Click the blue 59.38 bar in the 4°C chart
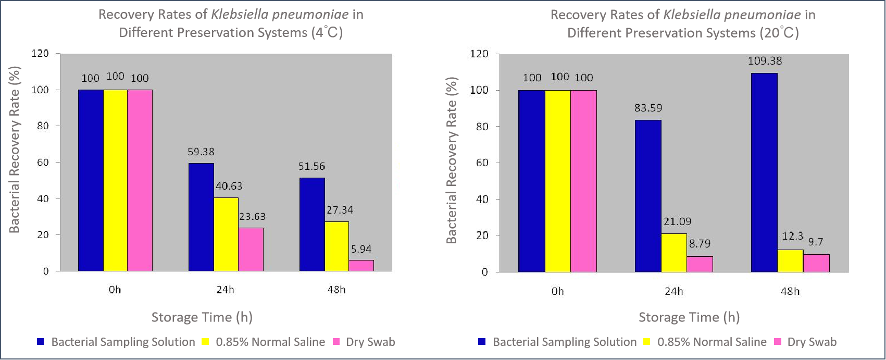point(201,217)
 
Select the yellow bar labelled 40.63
point(226,234)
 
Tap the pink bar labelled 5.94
point(361,266)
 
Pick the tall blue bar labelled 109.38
point(764,172)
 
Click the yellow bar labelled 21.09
point(673,253)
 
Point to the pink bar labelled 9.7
point(816,263)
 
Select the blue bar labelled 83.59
point(648,196)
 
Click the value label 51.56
point(311,167)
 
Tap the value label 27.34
point(340,210)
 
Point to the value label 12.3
point(792,237)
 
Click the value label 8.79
point(700,244)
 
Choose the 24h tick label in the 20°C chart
point(673,291)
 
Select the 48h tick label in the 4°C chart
point(336,290)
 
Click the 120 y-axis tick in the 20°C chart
point(479,54)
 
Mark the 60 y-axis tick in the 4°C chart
point(42,162)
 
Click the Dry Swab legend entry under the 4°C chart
point(370,342)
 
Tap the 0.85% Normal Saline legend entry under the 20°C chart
point(712,342)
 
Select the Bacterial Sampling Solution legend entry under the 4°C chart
point(123,342)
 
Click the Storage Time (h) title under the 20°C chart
point(689,317)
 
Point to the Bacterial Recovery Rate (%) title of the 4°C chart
point(14,150)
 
